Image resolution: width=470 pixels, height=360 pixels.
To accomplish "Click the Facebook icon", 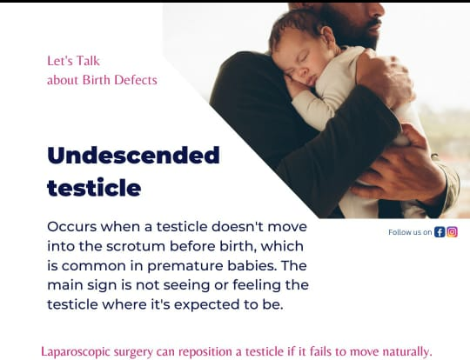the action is coord(440,232).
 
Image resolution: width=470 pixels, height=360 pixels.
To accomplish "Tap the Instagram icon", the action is coord(452,232).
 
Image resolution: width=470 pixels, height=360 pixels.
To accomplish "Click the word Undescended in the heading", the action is coord(133,155).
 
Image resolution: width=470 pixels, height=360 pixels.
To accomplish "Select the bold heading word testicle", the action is coord(94,188).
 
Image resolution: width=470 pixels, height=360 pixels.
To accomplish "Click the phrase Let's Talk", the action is coord(73,61).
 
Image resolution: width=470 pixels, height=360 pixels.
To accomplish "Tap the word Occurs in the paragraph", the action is coord(72,227).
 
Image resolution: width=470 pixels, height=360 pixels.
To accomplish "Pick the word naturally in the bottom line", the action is coord(407,351).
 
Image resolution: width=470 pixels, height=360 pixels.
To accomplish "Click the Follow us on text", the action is coord(410,232).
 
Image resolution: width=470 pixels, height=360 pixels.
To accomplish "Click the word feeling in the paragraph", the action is coord(257,285).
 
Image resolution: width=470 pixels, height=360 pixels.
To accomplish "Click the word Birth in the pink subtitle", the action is coord(97,80).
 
